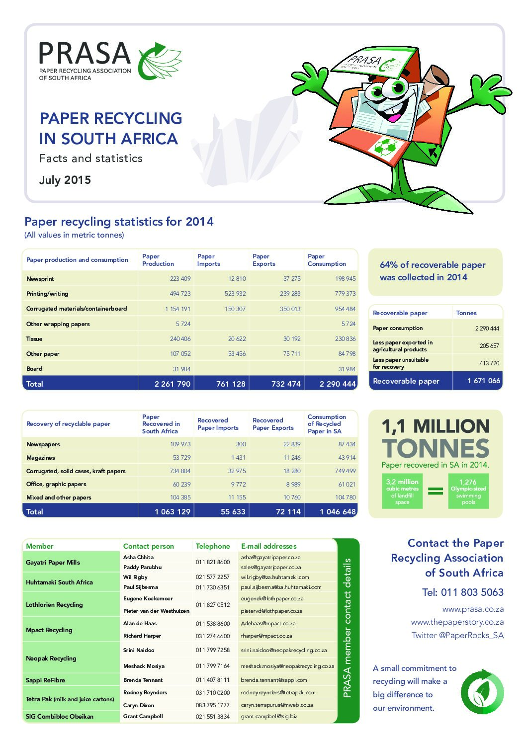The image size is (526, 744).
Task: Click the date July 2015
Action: (x=65, y=180)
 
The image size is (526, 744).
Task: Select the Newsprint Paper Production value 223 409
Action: (x=180, y=279)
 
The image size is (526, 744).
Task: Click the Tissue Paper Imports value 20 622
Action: (x=237, y=339)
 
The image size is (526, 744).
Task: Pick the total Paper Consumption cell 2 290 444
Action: (x=338, y=384)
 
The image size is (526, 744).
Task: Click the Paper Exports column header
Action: (x=263, y=260)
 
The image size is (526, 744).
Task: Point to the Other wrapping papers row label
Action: (x=58, y=324)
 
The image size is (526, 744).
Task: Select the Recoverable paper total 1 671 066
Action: (x=483, y=381)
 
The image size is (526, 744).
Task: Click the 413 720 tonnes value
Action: (x=489, y=363)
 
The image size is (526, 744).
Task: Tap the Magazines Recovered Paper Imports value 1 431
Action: (x=238, y=458)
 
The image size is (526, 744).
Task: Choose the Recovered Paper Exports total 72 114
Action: (x=288, y=511)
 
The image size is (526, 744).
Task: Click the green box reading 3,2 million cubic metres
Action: (x=402, y=491)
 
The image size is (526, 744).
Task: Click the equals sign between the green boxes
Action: (x=436, y=491)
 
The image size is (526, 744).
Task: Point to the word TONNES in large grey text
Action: (x=436, y=448)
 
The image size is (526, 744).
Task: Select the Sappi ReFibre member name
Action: (x=46, y=680)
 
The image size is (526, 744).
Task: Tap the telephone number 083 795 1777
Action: (x=212, y=705)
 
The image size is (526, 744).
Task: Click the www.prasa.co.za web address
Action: (x=473, y=609)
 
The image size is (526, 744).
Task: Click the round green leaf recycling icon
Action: (x=482, y=691)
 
